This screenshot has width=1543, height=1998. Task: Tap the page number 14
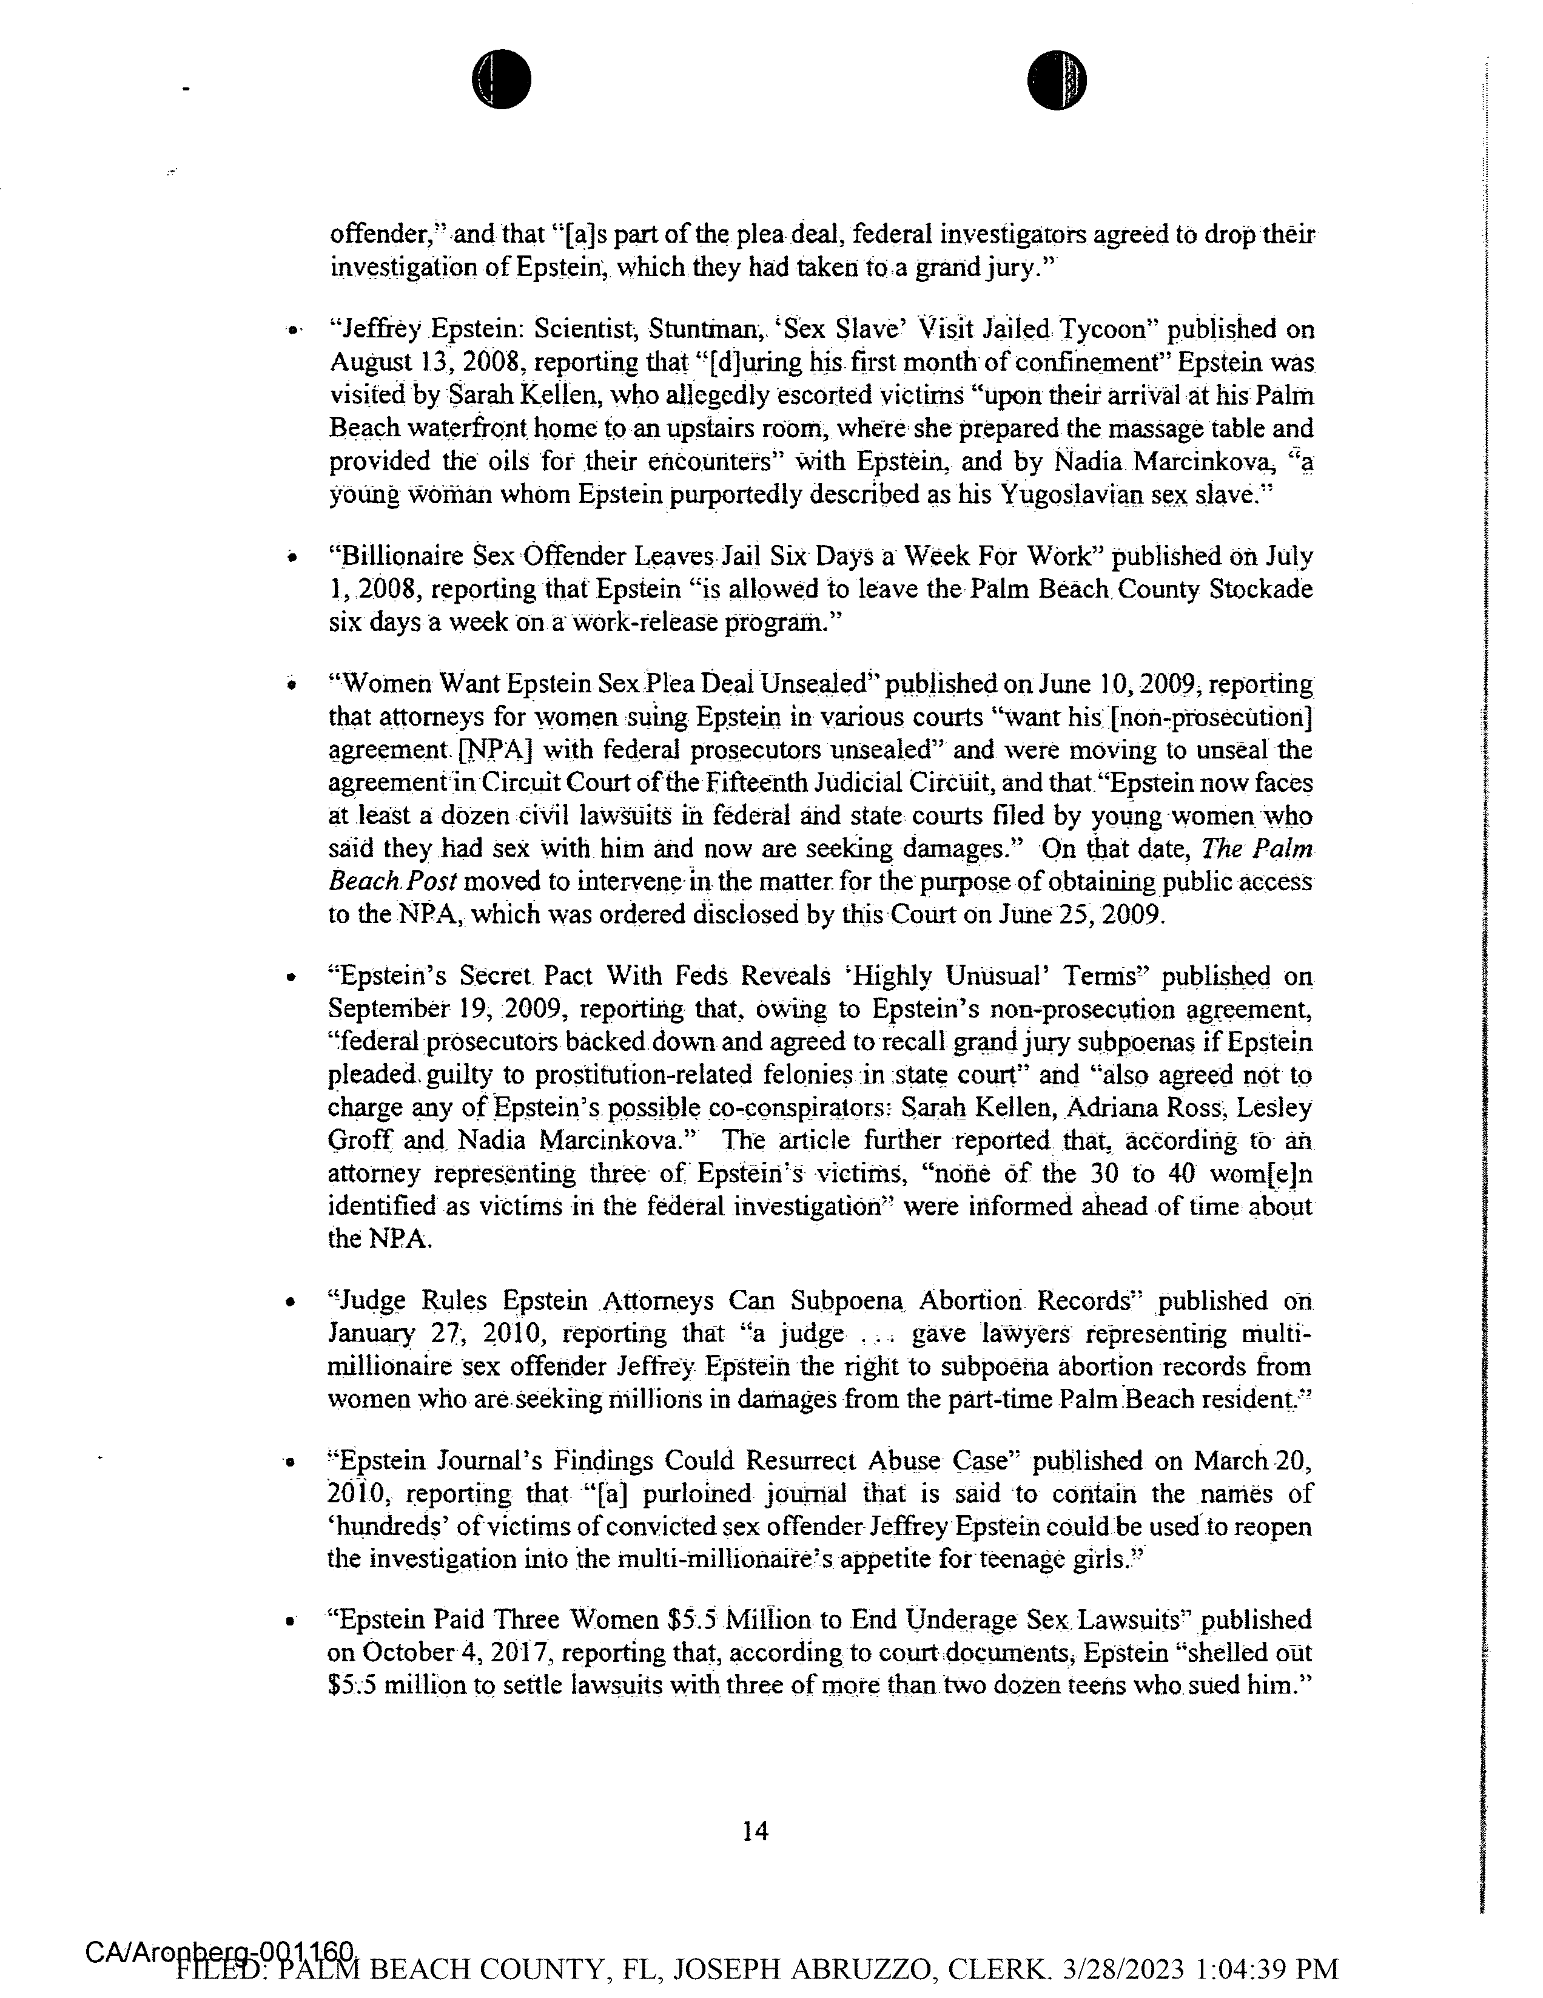pos(756,1831)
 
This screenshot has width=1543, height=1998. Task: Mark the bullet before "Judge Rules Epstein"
pos(290,1301)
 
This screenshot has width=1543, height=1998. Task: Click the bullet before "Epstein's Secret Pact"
pos(290,978)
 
